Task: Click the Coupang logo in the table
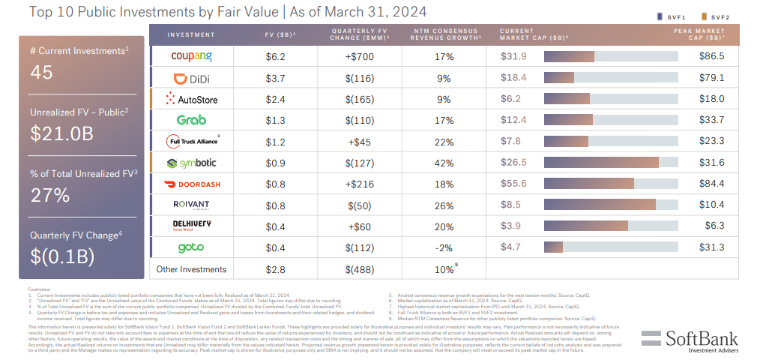coord(191,56)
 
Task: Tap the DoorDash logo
coord(191,184)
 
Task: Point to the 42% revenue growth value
coord(444,163)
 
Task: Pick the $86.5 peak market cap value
coord(711,56)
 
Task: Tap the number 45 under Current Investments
coord(42,71)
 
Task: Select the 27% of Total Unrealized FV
coord(49,194)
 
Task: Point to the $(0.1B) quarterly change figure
coord(63,256)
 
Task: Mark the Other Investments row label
coord(190,269)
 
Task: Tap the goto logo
coord(191,247)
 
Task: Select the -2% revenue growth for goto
coord(444,247)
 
